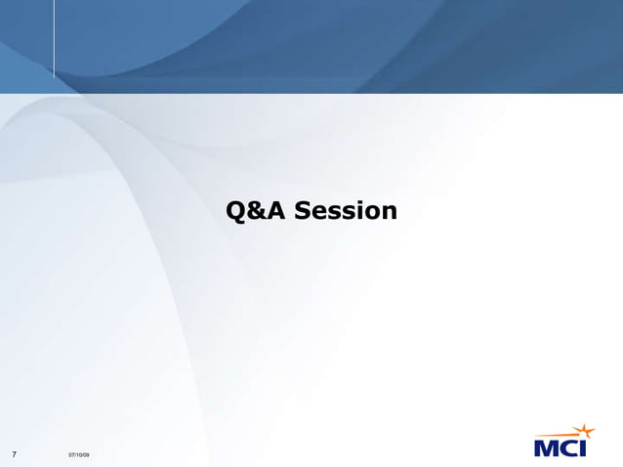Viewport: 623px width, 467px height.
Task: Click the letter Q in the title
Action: coord(236,211)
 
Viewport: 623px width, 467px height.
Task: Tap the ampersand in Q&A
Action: coord(256,211)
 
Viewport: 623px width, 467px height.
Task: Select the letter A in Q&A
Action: coord(275,211)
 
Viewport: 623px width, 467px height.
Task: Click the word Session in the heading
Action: coord(346,211)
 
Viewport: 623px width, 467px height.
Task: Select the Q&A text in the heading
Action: coord(256,211)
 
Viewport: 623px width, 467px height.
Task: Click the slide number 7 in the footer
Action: coord(14,454)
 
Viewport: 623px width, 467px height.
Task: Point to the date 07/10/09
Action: coord(79,455)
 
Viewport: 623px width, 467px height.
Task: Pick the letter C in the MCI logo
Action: coord(573,448)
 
